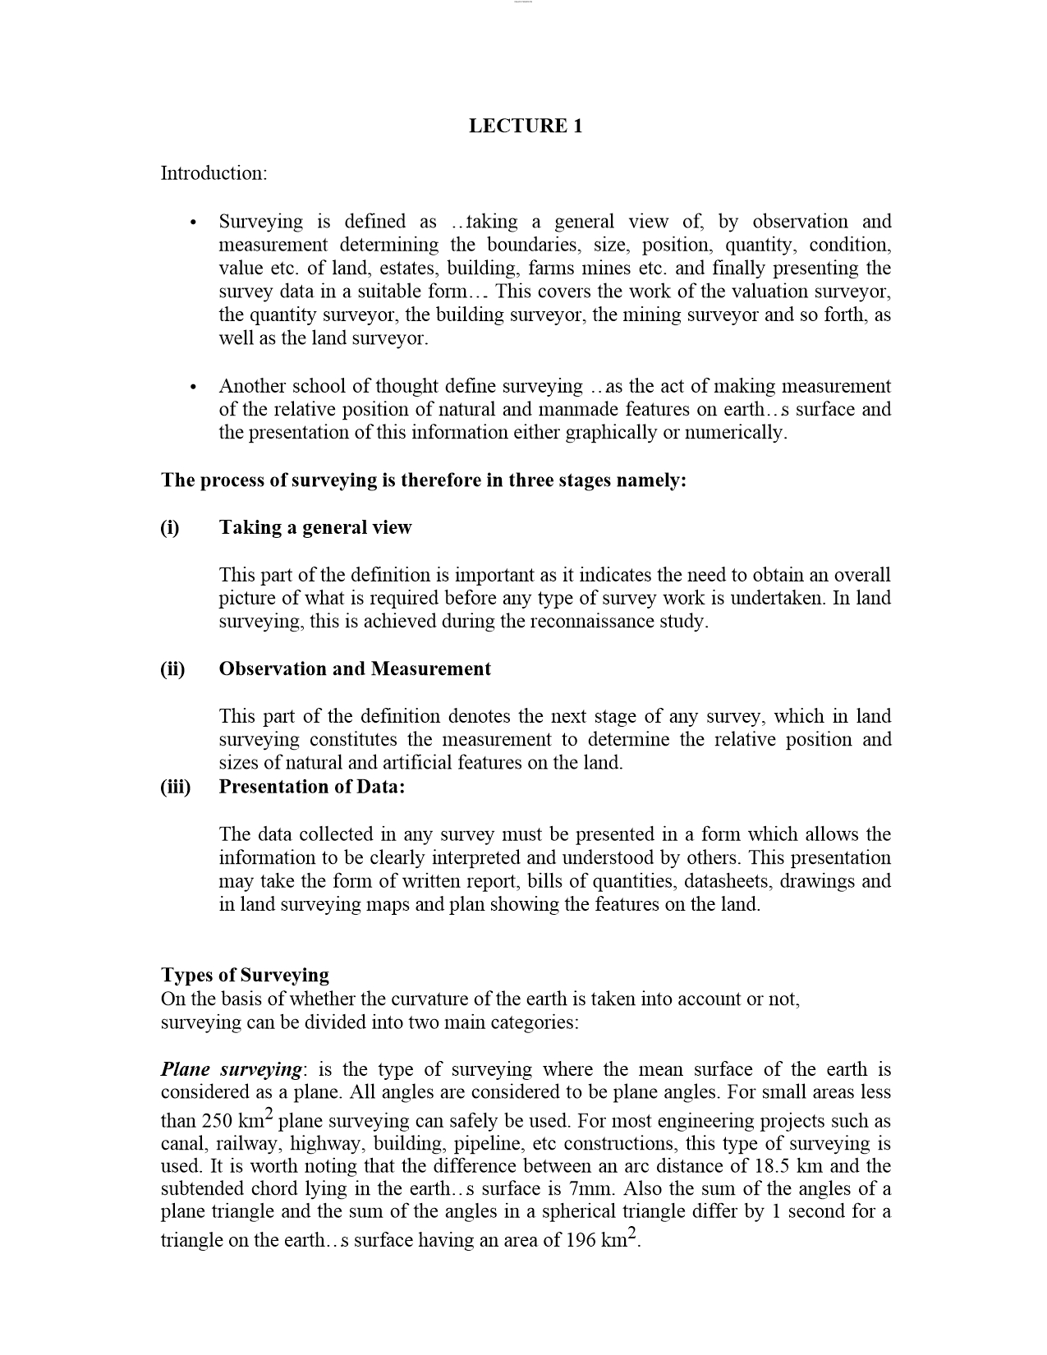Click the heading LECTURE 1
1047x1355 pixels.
525,126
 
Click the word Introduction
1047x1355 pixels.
213,173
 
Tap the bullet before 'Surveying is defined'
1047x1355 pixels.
192,223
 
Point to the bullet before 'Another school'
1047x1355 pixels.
192,387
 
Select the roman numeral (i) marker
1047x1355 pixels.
170,527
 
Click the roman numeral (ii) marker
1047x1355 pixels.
172,668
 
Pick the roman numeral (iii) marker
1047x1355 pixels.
175,787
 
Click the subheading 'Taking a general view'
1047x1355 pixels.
315,527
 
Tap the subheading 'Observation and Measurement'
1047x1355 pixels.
355,668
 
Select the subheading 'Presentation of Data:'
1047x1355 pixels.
312,787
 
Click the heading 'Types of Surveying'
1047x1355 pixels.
245,975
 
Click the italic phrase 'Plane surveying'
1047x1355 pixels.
232,1069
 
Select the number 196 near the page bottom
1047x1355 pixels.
581,1239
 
